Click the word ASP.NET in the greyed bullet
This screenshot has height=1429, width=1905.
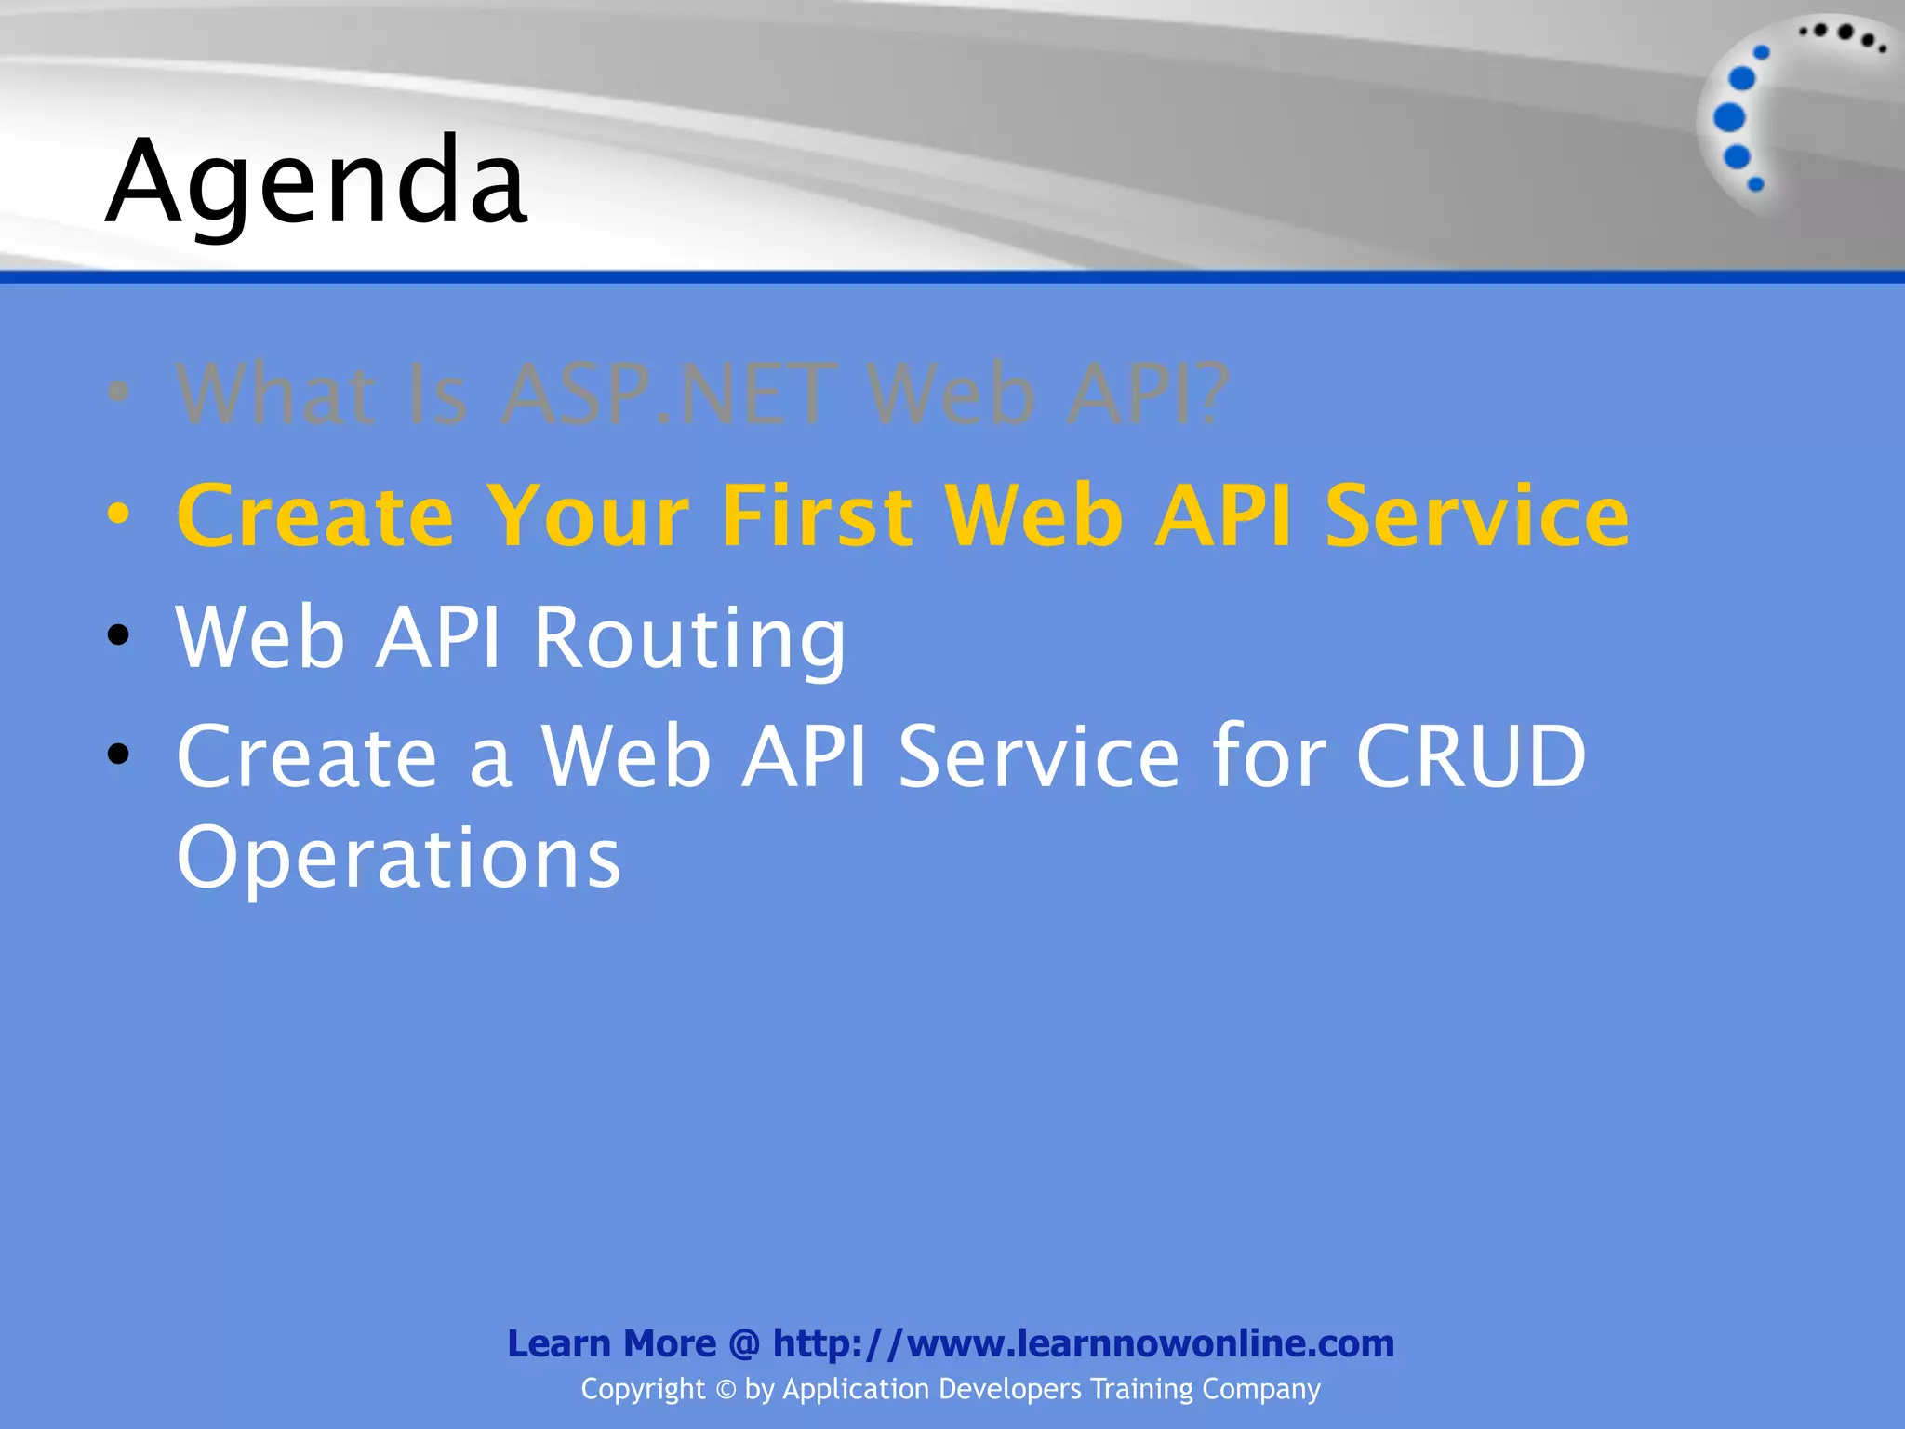click(x=668, y=394)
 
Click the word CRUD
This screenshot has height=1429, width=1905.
click(x=1471, y=756)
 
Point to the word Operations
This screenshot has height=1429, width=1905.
click(x=398, y=857)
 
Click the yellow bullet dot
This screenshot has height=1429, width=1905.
click(x=118, y=514)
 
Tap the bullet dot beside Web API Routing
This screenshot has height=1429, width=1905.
click(x=118, y=635)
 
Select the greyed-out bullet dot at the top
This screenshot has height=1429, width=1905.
click(x=118, y=392)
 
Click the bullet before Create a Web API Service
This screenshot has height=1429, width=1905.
click(x=118, y=754)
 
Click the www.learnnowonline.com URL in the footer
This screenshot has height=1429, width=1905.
click(x=1150, y=1343)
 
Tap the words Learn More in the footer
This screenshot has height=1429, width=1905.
click(x=611, y=1343)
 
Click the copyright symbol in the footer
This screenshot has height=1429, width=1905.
click(x=726, y=1390)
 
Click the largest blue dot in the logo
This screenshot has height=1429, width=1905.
click(x=1729, y=117)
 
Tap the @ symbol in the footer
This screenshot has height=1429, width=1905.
click(x=744, y=1343)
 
